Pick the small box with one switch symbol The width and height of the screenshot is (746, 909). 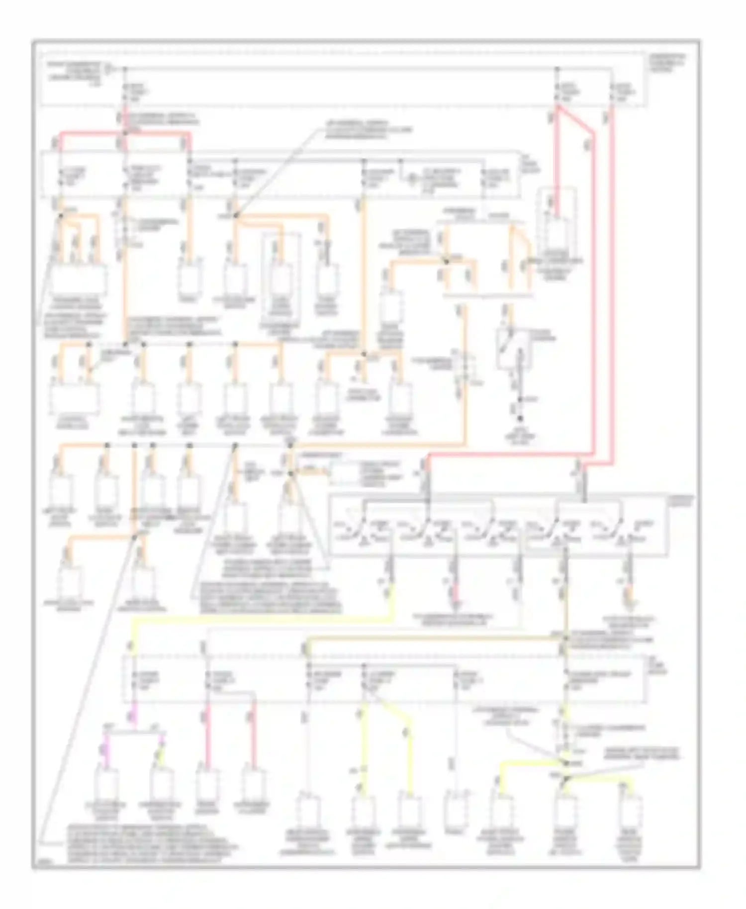(512, 348)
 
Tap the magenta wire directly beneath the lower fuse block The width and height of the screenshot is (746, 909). (133, 717)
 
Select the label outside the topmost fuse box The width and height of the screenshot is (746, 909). (666, 63)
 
